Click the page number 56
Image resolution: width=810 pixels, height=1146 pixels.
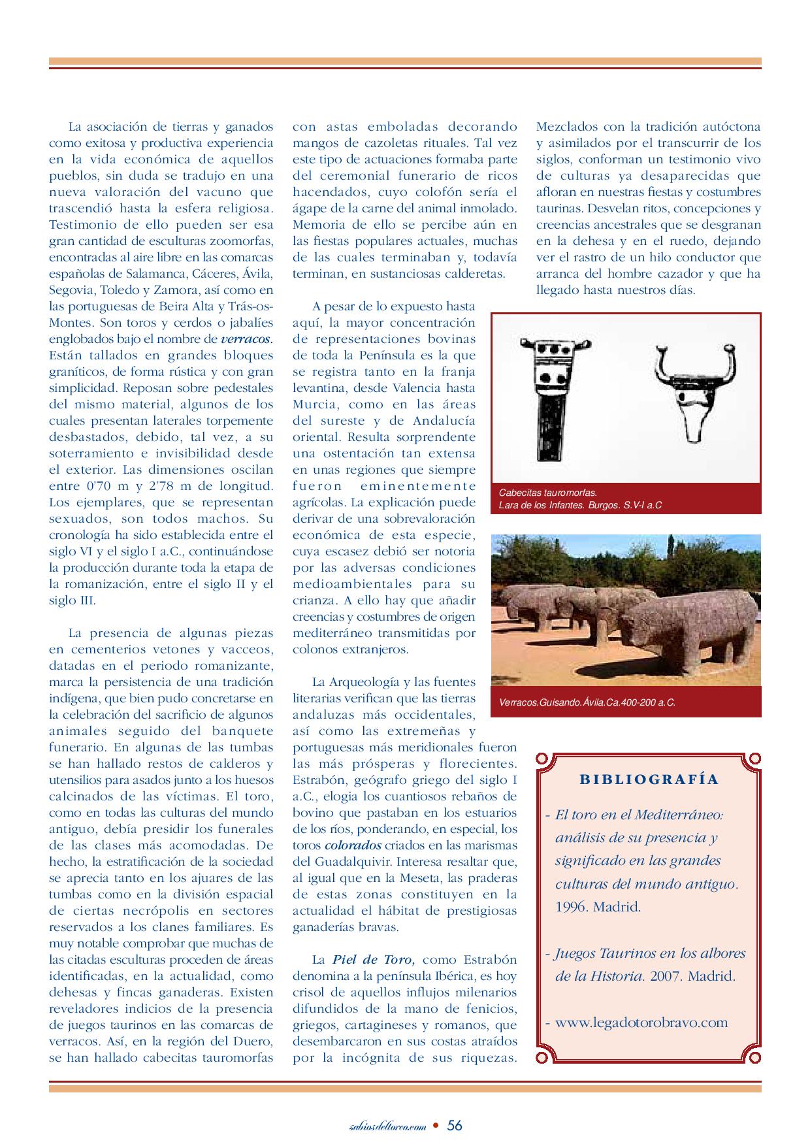(455, 1125)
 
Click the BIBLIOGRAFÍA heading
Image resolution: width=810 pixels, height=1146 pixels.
(649, 779)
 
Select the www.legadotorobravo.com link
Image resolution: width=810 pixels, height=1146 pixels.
(641, 1023)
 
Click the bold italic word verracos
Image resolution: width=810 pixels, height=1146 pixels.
(247, 339)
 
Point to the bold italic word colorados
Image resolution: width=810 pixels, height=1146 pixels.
(353, 845)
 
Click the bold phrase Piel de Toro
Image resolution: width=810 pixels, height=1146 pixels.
(373, 960)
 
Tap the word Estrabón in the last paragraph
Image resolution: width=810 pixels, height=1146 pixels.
(490, 960)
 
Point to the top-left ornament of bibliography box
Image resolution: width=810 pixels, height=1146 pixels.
(542, 758)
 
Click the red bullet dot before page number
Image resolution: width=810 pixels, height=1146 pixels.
(436, 1126)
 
